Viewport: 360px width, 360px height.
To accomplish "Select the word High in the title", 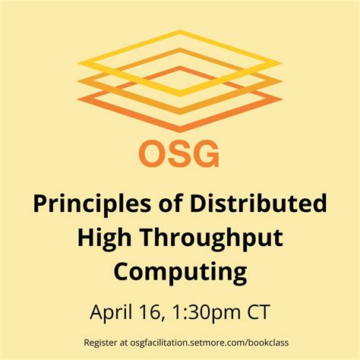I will point(103,238).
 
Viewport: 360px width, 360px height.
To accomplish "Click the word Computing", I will point(180,272).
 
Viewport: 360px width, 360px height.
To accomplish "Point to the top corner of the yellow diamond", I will point(179,30).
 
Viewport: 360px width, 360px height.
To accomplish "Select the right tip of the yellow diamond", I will point(282,63).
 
